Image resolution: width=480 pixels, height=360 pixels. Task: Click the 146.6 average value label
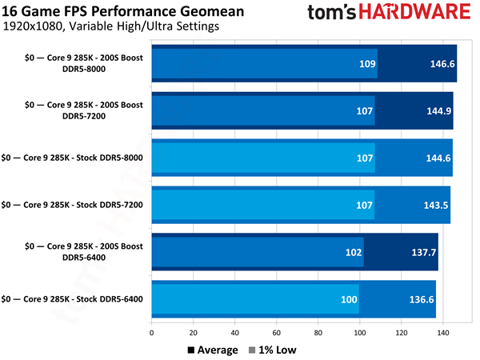click(437, 64)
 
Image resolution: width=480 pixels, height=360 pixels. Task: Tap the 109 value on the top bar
click(365, 64)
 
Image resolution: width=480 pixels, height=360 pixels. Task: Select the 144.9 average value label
click(434, 111)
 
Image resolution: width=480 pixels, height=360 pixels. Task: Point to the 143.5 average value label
click(432, 205)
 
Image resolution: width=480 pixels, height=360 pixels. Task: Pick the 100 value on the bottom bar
click(347, 299)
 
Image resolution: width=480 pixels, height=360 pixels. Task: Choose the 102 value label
click(352, 252)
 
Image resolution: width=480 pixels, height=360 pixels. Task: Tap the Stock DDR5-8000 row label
click(73, 158)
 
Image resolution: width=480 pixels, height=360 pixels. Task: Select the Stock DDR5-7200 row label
click(73, 205)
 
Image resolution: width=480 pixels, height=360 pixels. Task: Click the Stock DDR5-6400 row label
click(73, 299)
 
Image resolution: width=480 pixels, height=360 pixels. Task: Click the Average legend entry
click(213, 350)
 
